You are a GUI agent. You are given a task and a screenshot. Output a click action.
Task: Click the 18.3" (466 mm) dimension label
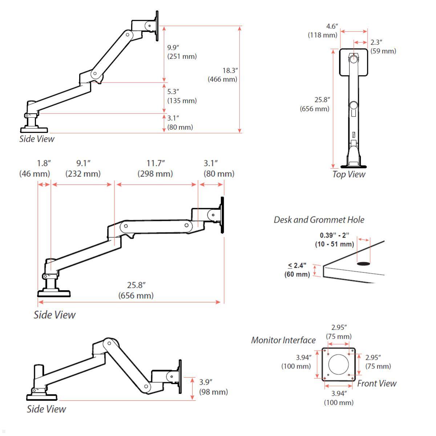(222, 75)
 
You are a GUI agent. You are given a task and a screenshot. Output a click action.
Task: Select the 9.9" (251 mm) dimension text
(182, 52)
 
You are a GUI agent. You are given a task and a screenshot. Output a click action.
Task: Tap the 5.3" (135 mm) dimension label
(182, 96)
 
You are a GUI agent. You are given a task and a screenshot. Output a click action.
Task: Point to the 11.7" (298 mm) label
(155, 169)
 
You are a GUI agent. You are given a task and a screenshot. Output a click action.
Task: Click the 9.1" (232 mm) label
(83, 169)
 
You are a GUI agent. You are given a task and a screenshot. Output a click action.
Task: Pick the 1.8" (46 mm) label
(35, 169)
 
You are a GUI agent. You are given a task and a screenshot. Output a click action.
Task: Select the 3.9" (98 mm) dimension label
(213, 387)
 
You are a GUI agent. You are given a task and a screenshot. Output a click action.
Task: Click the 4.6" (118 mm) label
(323, 31)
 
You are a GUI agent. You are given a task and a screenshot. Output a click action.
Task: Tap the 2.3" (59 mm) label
(383, 47)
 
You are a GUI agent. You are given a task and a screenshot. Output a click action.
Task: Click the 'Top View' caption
(348, 174)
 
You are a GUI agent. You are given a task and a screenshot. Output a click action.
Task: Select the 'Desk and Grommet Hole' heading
(319, 220)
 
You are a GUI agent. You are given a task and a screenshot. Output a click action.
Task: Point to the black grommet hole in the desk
(363, 263)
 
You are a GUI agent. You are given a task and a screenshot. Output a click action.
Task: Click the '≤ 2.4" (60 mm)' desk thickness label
(297, 270)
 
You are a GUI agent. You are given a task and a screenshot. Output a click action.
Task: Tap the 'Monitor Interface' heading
(283, 340)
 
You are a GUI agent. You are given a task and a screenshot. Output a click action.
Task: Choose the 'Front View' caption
(376, 384)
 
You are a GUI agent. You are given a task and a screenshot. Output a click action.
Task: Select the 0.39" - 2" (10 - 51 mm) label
(334, 240)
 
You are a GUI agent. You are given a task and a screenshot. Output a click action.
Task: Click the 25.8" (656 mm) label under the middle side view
(136, 291)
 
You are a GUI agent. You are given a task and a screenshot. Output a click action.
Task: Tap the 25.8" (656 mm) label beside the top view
(315, 104)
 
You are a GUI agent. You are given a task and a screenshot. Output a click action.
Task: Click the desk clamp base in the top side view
(34, 129)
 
